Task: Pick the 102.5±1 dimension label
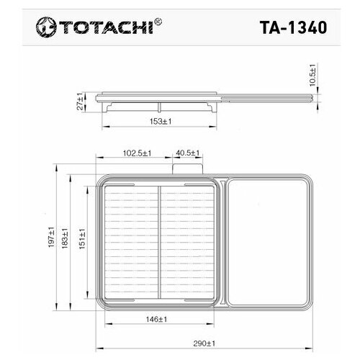[135, 153]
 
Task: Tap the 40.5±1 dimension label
[187, 153]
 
